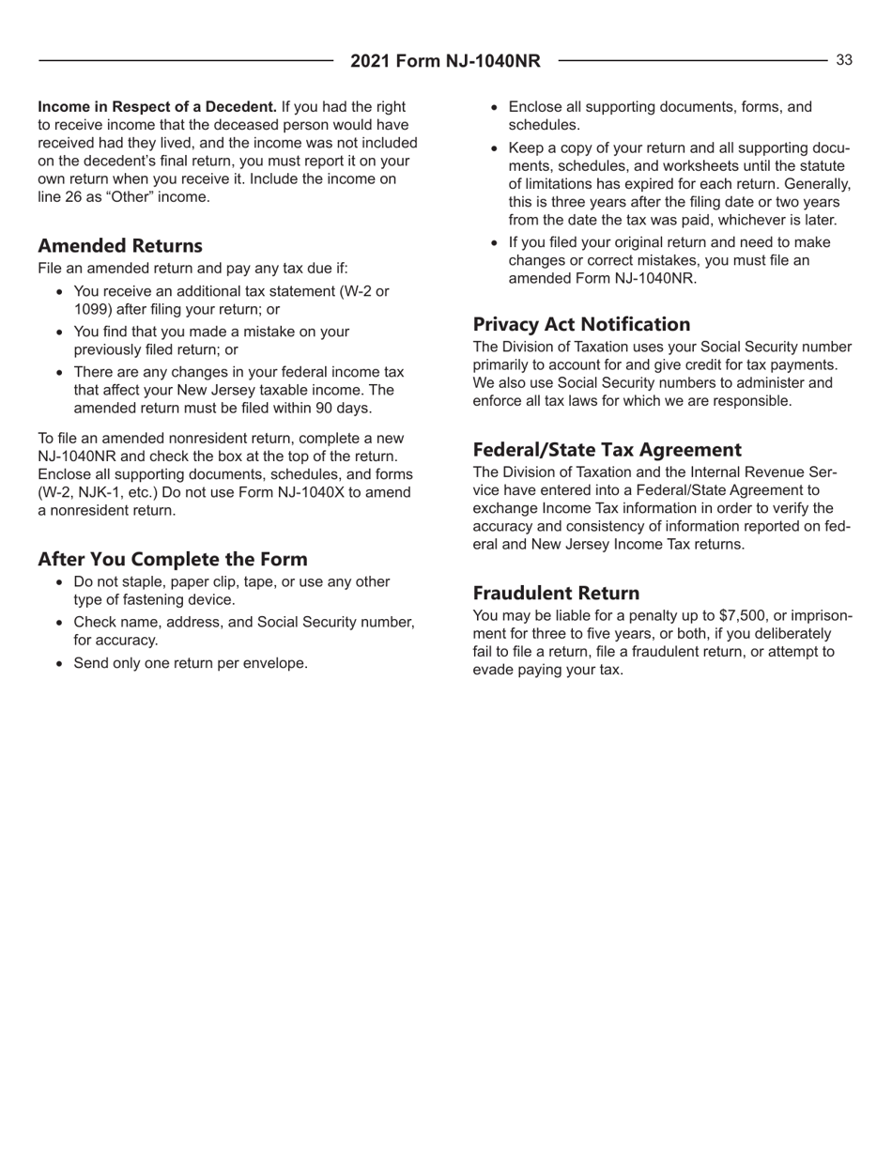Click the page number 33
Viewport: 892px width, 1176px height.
844,60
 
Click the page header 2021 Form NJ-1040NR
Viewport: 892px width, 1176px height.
446,62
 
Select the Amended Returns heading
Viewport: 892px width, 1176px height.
119,247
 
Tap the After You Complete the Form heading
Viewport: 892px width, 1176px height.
172,558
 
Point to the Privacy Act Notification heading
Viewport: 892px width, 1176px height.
582,325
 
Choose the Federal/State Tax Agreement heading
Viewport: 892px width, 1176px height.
608,449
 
